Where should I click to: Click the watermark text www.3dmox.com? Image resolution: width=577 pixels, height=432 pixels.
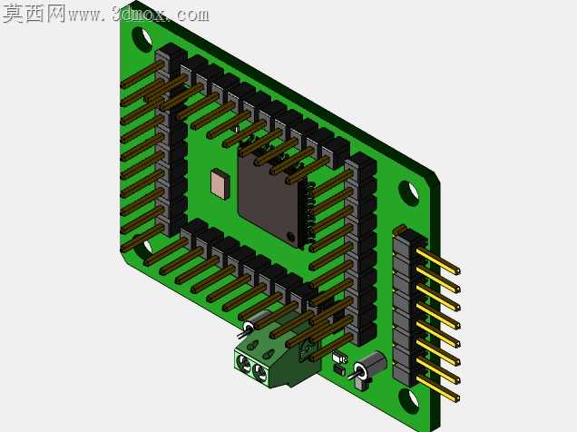[139, 15]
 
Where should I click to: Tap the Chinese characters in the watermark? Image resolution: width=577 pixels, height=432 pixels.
[34, 14]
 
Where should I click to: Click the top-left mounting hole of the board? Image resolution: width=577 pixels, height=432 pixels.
[142, 38]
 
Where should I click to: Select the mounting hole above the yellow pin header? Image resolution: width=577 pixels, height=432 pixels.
[408, 192]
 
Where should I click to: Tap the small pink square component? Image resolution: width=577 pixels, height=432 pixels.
[220, 183]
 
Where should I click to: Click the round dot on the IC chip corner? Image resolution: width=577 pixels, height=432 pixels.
[291, 236]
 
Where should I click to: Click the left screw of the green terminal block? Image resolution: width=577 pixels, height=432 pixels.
[244, 363]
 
